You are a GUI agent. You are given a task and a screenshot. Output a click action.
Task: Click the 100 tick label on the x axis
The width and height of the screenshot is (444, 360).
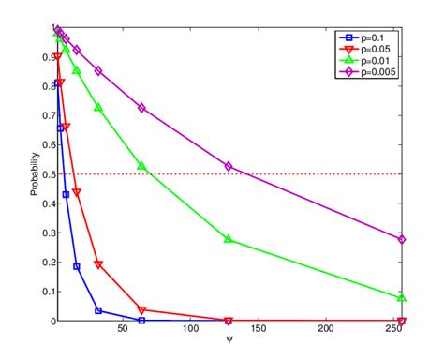(x=191, y=332)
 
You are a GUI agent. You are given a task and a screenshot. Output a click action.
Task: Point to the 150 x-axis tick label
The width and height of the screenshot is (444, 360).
(x=259, y=332)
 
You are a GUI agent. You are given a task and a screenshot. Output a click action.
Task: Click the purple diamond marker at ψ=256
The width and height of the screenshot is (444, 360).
(x=402, y=239)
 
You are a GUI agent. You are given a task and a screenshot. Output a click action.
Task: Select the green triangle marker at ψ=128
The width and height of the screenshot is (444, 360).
(x=229, y=239)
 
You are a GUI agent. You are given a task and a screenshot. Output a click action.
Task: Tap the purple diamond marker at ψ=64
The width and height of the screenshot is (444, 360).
(x=141, y=108)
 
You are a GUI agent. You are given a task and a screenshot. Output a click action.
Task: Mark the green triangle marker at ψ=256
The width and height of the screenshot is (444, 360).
(x=402, y=298)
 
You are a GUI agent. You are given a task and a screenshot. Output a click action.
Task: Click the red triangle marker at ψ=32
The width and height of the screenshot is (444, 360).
(x=98, y=264)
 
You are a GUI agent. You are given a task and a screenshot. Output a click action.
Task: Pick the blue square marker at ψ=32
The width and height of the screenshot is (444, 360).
(x=98, y=310)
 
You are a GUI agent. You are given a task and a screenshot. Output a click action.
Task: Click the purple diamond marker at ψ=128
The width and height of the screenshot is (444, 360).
(x=229, y=166)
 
